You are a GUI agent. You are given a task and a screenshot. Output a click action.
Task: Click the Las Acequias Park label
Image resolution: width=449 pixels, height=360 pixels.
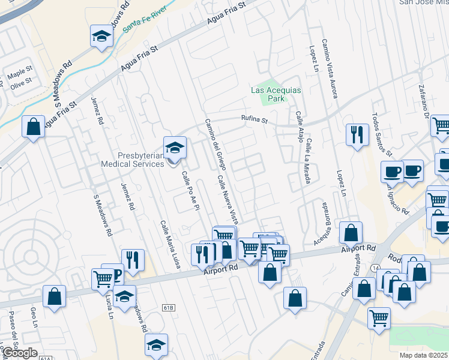coord(276,94)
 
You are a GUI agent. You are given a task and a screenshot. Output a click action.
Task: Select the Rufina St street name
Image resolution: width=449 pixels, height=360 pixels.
coord(254,119)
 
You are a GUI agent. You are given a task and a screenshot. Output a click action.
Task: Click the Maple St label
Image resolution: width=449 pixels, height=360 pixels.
coord(20,75)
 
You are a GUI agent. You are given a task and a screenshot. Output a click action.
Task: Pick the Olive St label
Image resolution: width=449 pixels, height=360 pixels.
coord(21,84)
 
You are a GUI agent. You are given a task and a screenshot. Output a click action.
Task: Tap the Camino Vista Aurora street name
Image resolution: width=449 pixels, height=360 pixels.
coord(330,70)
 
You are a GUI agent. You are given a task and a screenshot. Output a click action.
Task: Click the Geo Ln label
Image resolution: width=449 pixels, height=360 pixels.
coord(34,318)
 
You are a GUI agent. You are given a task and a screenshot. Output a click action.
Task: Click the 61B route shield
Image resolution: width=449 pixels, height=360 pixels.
coord(168,308)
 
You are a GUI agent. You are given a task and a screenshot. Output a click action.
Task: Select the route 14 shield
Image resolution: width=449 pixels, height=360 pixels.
coord(376,266)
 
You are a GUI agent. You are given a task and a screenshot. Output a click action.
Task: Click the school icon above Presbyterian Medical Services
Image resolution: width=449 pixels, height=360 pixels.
coord(175,148)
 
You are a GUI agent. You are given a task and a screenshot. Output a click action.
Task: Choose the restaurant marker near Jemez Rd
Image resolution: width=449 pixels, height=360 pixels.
coord(133,260)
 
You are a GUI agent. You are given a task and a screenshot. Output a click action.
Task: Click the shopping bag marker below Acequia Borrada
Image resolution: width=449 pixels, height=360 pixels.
coord(351,232)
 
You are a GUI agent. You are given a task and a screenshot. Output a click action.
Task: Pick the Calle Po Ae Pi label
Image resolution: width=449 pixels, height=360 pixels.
coord(189,194)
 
